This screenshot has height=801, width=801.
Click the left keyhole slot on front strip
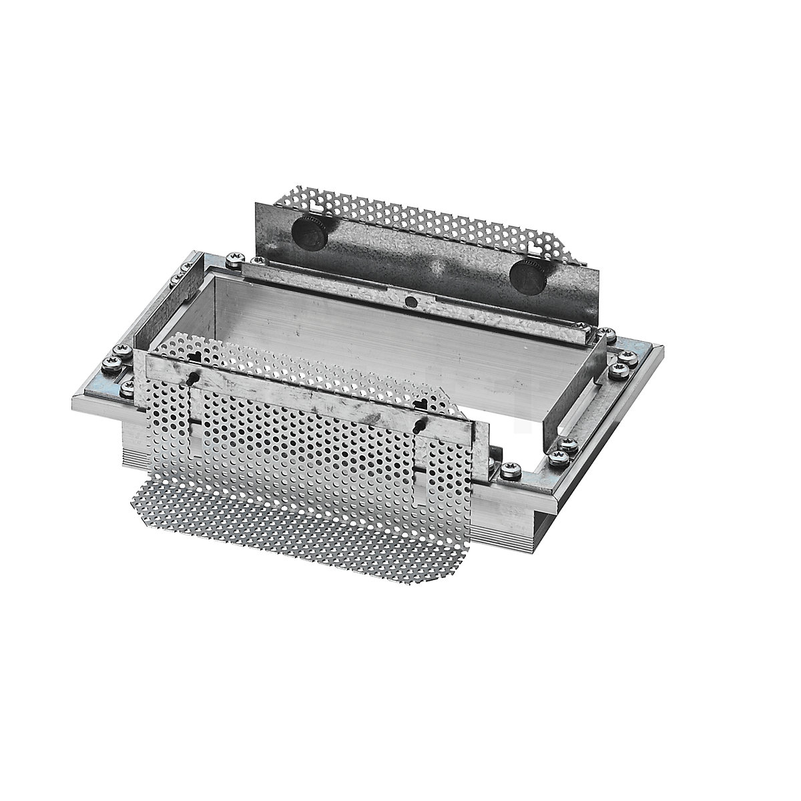(194, 379)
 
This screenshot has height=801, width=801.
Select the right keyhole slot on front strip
(419, 423)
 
